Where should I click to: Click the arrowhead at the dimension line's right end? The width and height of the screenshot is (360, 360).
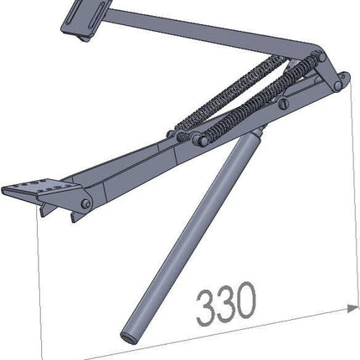click(x=352, y=308)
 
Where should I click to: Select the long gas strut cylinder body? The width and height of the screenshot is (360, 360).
click(x=190, y=234)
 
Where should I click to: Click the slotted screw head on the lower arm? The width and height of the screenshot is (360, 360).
click(x=284, y=104)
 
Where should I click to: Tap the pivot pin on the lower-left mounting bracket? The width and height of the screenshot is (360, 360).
click(x=87, y=204)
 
